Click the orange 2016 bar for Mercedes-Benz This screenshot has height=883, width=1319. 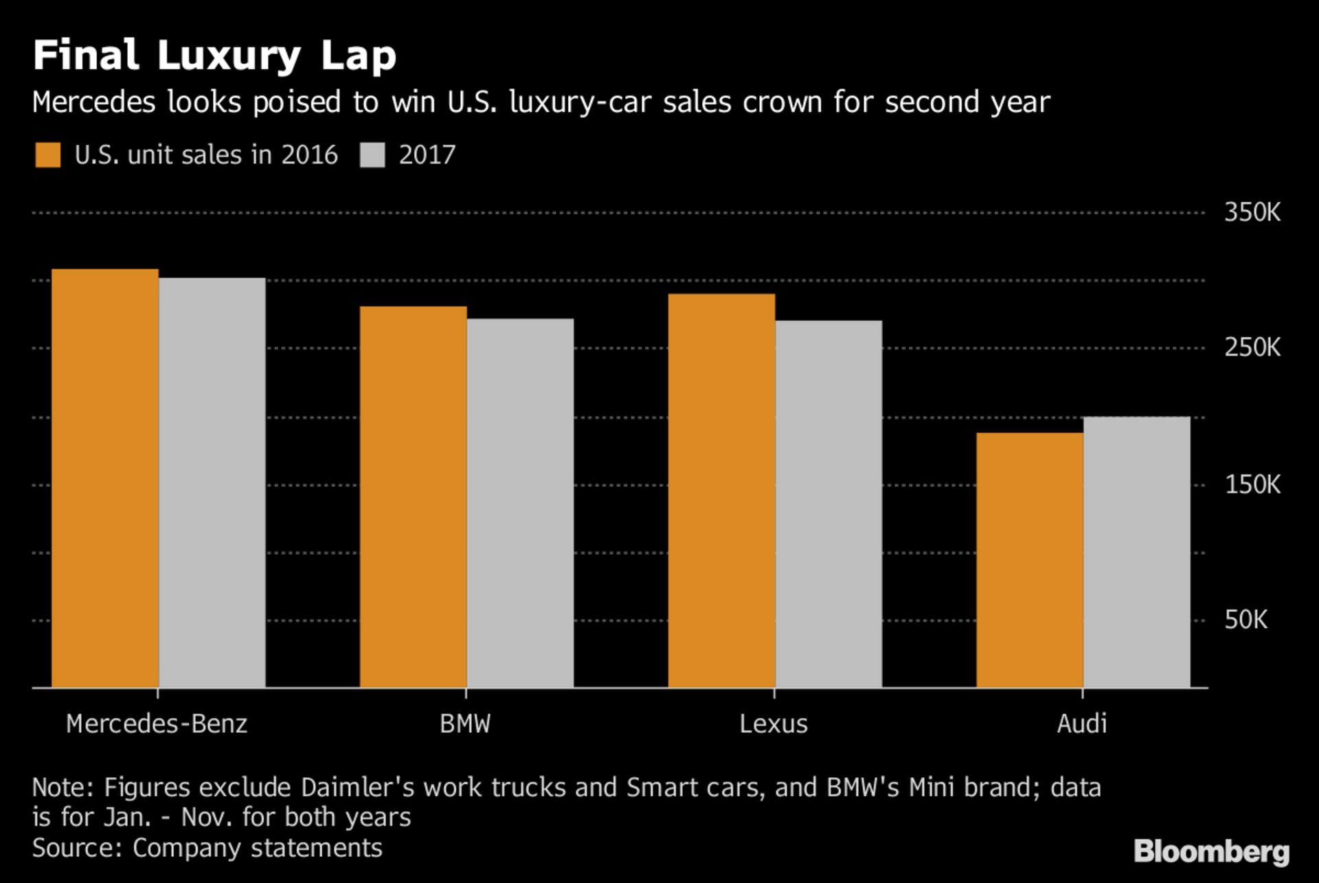[105, 478]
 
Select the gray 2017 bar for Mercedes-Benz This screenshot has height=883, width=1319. [212, 483]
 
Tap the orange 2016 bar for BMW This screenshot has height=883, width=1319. [413, 497]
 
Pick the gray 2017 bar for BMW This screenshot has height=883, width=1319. [520, 503]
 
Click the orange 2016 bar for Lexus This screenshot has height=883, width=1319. [721, 491]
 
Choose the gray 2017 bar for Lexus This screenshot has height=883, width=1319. [828, 504]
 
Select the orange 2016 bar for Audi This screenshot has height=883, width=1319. [1030, 560]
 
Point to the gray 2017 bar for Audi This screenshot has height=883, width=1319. [1137, 552]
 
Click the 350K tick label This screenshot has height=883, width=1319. [1252, 212]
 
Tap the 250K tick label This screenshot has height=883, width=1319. [1252, 347]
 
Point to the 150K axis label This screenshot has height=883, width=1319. [1252, 485]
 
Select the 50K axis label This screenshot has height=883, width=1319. [1245, 619]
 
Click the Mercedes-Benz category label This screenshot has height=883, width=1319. [157, 724]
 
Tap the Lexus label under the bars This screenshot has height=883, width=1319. [774, 724]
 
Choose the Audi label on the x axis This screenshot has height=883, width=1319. [1082, 724]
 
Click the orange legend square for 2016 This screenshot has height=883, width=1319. [48, 155]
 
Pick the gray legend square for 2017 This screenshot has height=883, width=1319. [372, 155]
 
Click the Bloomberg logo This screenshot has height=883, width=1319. [1212, 852]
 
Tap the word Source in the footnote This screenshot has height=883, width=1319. [77, 848]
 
